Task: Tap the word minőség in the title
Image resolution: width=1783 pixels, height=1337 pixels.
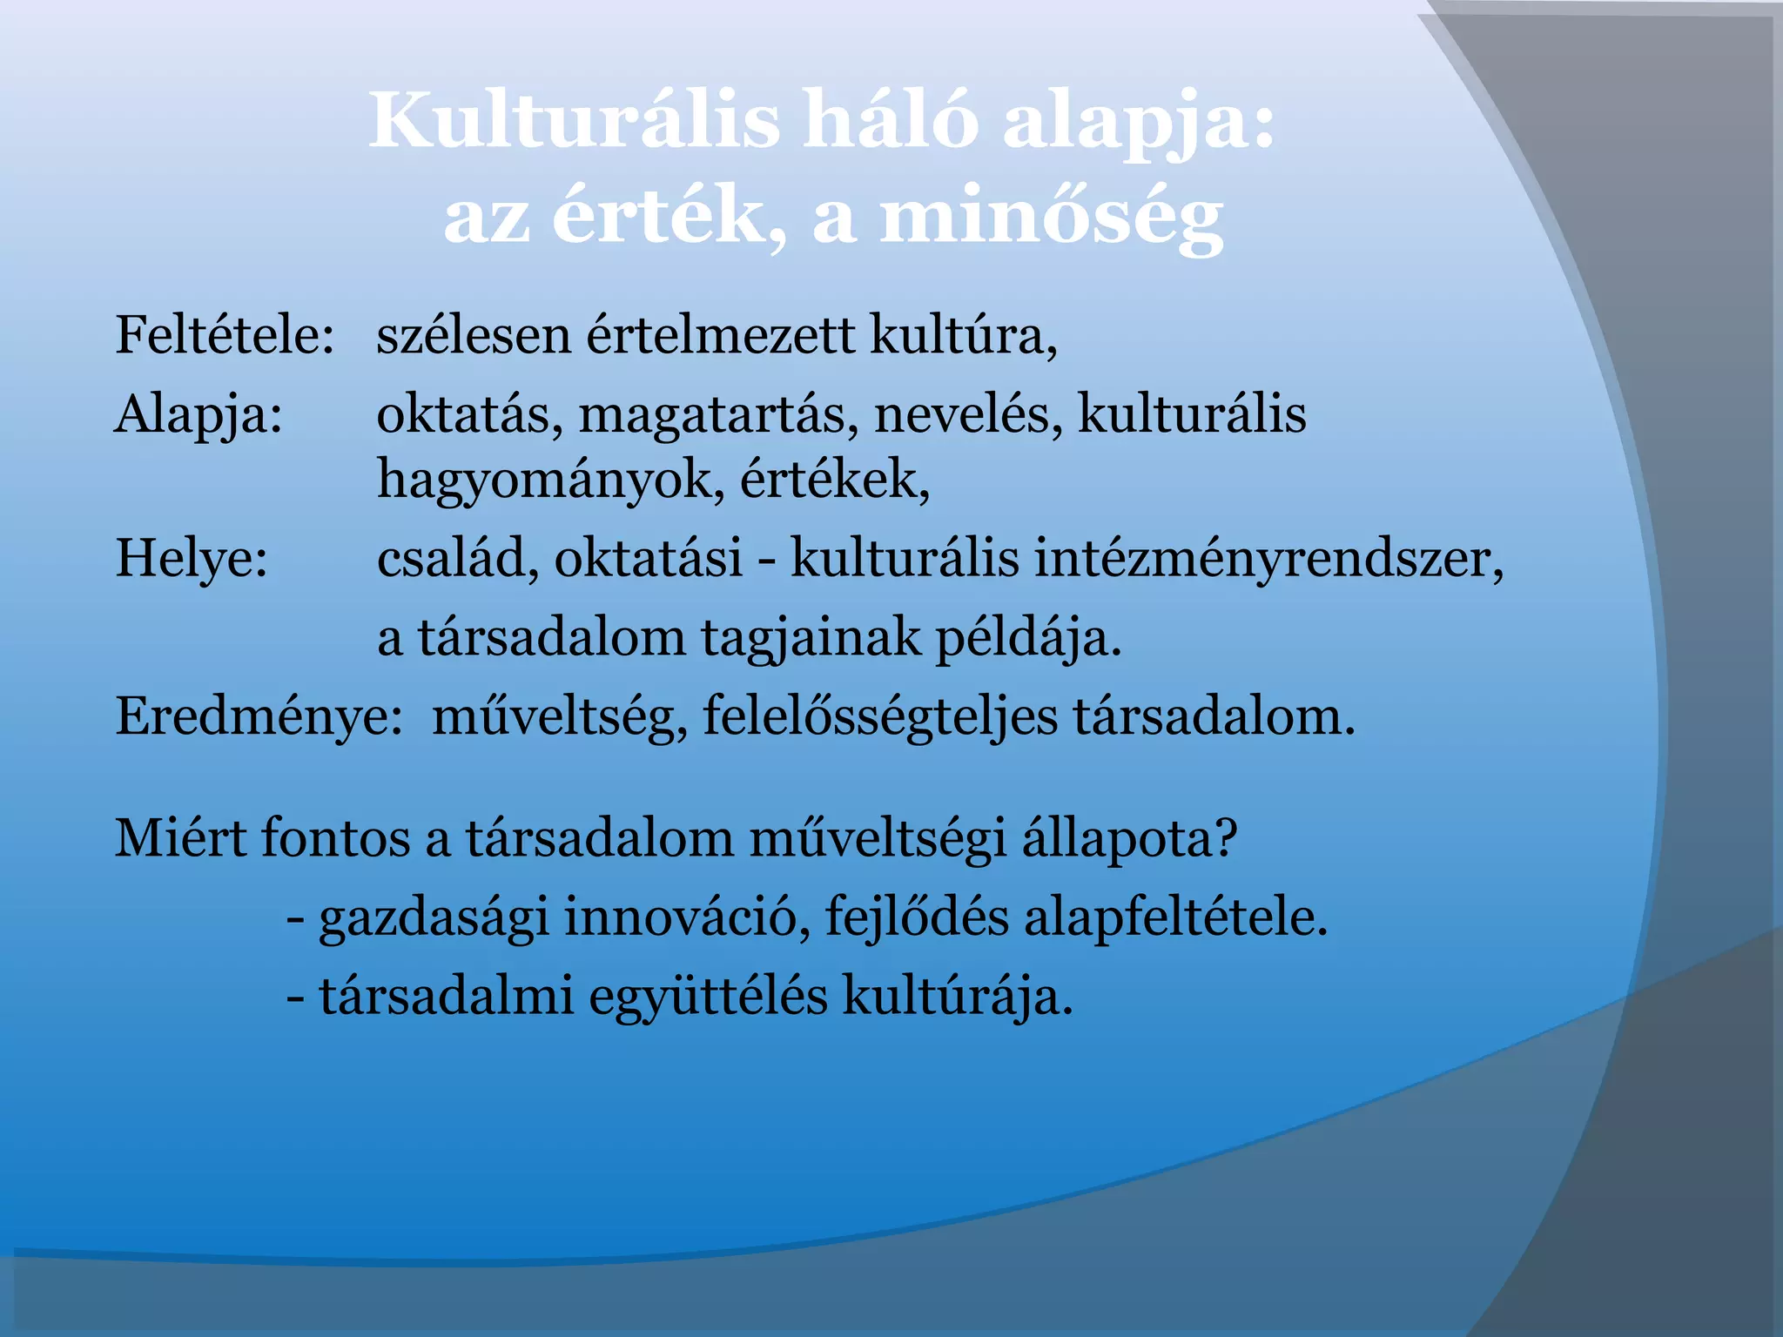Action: (x=1052, y=218)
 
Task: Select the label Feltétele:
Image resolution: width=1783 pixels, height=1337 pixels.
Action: (x=225, y=335)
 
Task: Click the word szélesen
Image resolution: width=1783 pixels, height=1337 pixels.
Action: (x=474, y=335)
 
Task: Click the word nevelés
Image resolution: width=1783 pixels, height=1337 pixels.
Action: (x=968, y=414)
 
